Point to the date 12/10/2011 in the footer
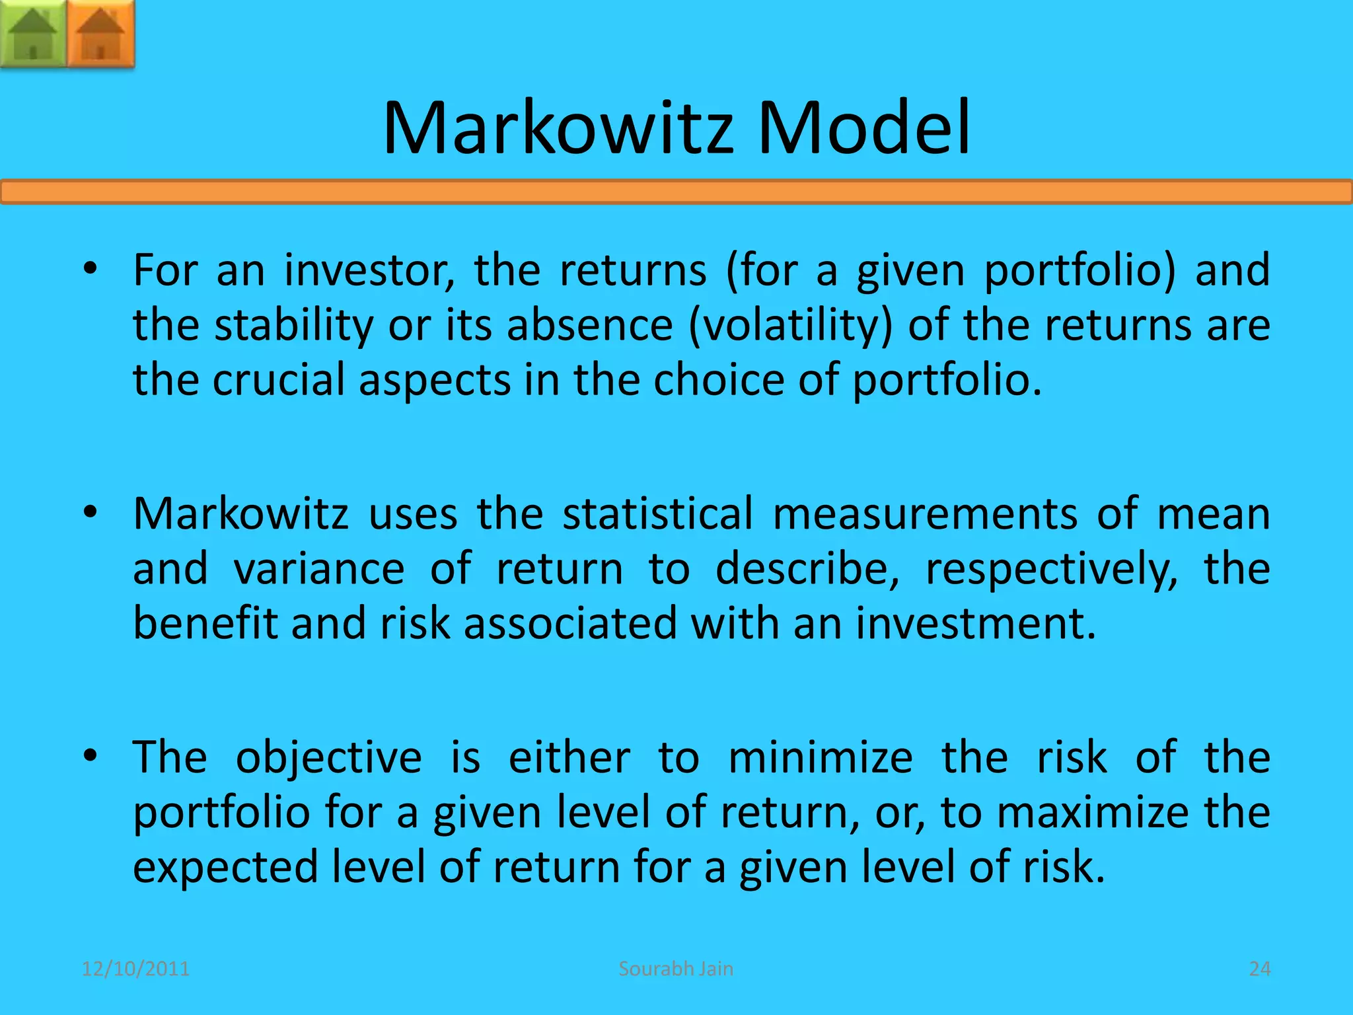(x=135, y=969)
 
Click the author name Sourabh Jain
(x=676, y=969)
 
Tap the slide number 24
(x=1260, y=969)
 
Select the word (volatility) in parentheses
(x=790, y=326)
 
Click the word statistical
(x=657, y=514)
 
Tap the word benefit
(x=205, y=624)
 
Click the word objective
(x=328, y=758)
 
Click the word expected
(x=225, y=868)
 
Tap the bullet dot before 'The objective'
(x=91, y=755)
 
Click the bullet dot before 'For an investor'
(x=91, y=268)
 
